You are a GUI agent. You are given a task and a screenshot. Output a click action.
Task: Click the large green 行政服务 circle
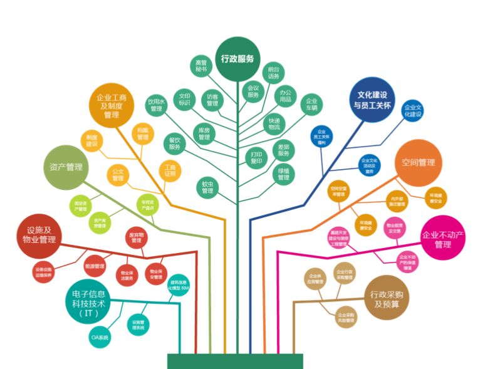(237, 59)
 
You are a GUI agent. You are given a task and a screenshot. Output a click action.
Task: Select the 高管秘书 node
(201, 66)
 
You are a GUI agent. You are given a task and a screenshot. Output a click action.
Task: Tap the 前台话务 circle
(273, 72)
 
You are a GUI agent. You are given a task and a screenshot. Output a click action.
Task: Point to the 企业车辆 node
(311, 104)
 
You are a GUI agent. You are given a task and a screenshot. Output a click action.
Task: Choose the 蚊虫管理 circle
(207, 187)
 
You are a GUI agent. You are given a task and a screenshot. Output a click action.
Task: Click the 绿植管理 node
(283, 174)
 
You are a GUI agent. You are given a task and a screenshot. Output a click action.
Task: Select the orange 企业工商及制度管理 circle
(112, 106)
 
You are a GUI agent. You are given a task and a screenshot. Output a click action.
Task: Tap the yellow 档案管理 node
(143, 133)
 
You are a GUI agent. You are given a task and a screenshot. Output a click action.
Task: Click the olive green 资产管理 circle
(66, 167)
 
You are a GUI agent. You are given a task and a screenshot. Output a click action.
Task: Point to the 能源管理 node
(93, 266)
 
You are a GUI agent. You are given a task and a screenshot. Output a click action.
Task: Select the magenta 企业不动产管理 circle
(442, 239)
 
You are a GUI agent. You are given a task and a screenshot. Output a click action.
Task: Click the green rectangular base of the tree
(235, 361)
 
